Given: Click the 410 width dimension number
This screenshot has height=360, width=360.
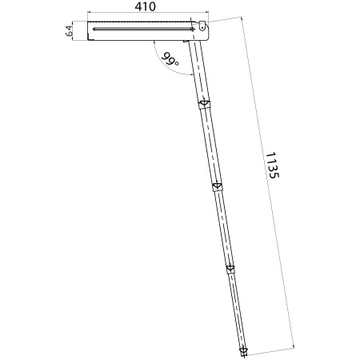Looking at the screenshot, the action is pyautogui.click(x=145, y=6).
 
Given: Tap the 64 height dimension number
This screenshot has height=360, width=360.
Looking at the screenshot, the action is pyautogui.click(x=69, y=30).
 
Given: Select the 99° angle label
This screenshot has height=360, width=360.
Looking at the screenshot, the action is pyautogui.click(x=170, y=60).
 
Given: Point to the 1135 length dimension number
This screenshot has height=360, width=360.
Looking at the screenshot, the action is pyautogui.click(x=272, y=166).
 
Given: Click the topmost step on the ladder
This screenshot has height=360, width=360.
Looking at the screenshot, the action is pyautogui.click(x=205, y=104).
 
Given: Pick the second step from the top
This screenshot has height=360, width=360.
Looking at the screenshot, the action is pyautogui.click(x=218, y=186).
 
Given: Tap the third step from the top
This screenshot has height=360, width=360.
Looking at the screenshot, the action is pyautogui.click(x=230, y=269).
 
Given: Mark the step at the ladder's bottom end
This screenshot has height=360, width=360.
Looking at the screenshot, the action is pyautogui.click(x=243, y=351).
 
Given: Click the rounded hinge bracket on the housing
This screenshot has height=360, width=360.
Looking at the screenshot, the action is pyautogui.click(x=202, y=26).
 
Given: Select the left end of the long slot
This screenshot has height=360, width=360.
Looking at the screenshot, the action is pyautogui.click(x=94, y=29).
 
